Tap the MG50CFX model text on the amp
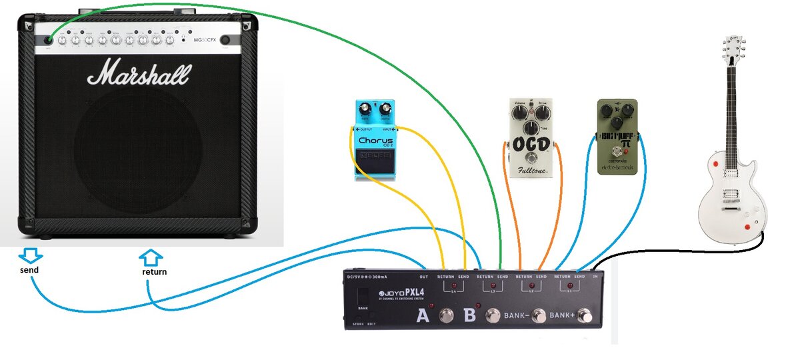(x=201, y=40)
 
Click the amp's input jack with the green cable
(x=49, y=40)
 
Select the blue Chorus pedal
(x=375, y=140)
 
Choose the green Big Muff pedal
(x=617, y=136)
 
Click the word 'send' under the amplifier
(x=29, y=270)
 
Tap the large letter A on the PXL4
(x=422, y=316)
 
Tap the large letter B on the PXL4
(x=469, y=315)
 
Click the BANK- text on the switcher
(x=516, y=316)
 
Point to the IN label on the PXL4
(x=596, y=276)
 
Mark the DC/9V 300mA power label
(x=367, y=277)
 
